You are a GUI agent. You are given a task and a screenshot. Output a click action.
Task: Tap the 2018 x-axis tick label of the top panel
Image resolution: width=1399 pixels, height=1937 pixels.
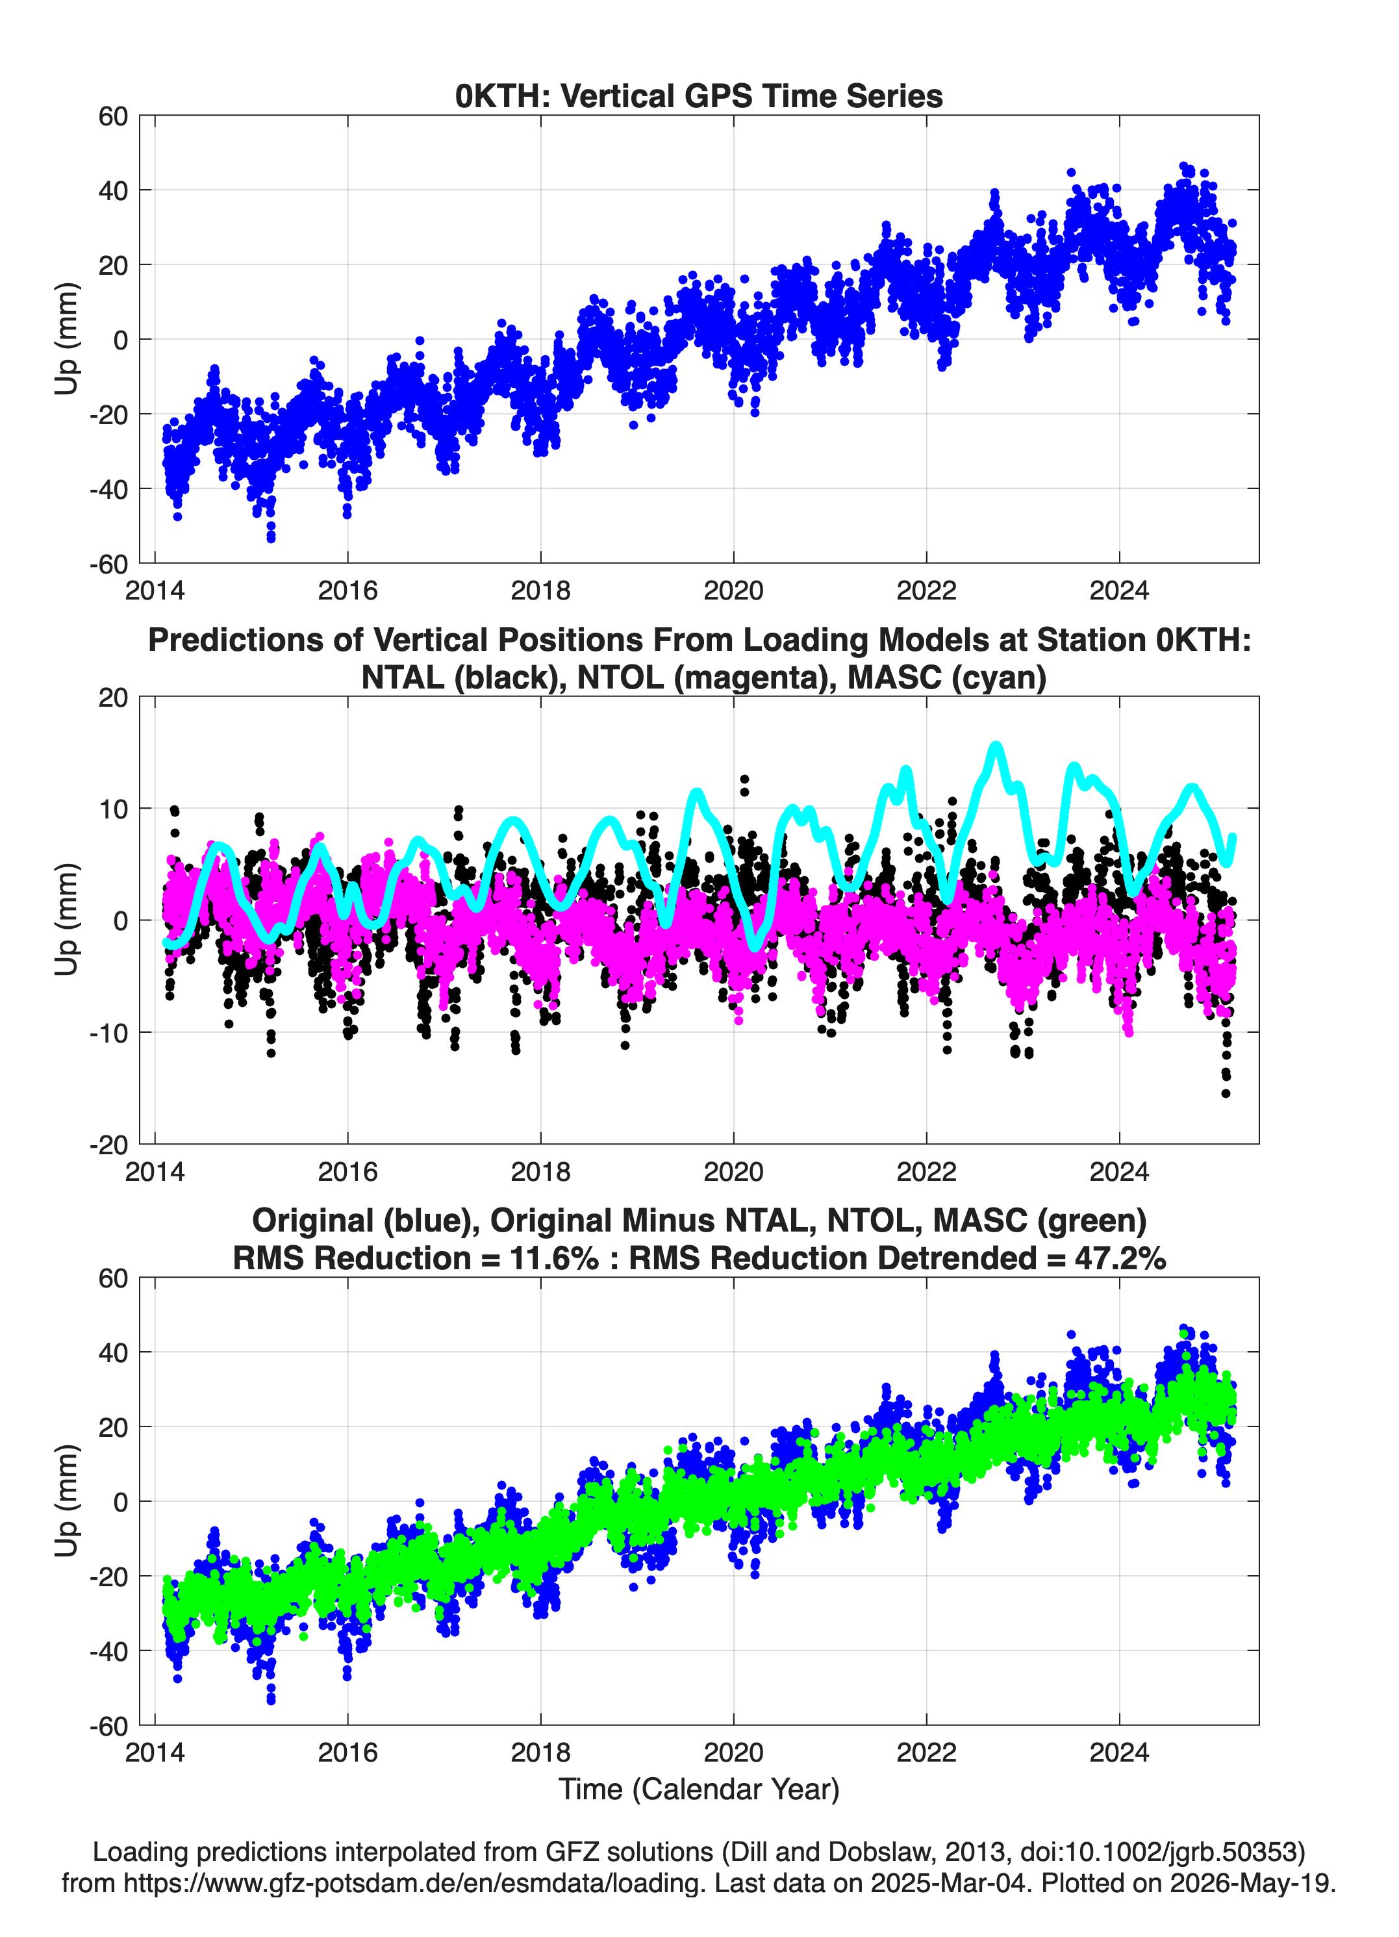tap(540, 590)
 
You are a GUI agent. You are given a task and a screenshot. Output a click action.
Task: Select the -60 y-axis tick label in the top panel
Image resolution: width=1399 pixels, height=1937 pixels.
tap(108, 564)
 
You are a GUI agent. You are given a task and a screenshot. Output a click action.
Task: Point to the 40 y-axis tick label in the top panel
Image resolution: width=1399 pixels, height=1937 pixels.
tap(114, 190)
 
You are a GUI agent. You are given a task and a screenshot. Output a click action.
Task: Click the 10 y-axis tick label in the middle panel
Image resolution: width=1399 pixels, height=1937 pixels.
tap(114, 809)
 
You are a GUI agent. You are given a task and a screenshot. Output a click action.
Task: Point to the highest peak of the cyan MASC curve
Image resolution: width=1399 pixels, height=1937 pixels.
tap(995, 746)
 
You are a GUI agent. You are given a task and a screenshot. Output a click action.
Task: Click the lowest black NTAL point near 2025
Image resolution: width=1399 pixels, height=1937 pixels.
tap(1226, 1093)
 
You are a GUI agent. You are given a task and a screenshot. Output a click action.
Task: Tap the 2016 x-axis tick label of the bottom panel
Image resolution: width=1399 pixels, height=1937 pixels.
tap(347, 1753)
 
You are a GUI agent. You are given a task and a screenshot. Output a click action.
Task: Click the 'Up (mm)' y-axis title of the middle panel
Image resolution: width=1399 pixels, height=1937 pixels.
tap(67, 920)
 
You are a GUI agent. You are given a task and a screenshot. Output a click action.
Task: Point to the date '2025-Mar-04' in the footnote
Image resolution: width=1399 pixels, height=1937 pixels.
tap(949, 1882)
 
